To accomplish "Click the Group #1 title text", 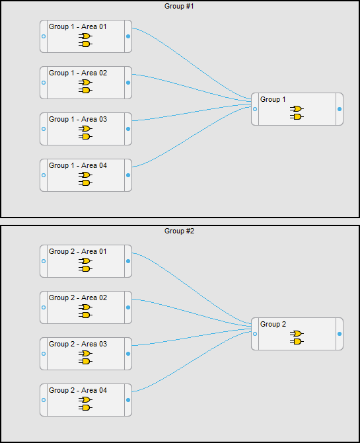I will pyautogui.click(x=179, y=6).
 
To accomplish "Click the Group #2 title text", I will pyautogui.click(x=179, y=231).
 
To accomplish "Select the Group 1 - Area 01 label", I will pyautogui.click(x=78, y=27).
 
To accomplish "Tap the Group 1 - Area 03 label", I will pyautogui.click(x=78, y=120).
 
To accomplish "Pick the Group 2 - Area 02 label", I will pyautogui.click(x=78, y=298).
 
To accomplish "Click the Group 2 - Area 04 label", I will pyautogui.click(x=78, y=391).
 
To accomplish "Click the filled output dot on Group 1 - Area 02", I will pyautogui.click(x=128, y=83).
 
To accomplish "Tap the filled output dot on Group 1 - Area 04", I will pyautogui.click(x=128, y=175).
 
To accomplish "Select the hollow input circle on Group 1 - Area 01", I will pyautogui.click(x=44, y=36).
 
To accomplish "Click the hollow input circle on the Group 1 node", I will pyautogui.click(x=255, y=109).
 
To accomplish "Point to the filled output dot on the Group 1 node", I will pyautogui.click(x=340, y=109).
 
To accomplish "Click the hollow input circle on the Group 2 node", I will pyautogui.click(x=255, y=334).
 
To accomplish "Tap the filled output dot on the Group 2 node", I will pyautogui.click(x=340, y=334).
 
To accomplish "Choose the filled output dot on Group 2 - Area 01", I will pyautogui.click(x=128, y=261).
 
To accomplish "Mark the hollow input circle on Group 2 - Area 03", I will pyautogui.click(x=44, y=354).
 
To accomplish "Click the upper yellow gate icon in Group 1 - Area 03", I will pyautogui.click(x=85, y=128).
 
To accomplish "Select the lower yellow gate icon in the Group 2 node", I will pyautogui.click(x=297, y=341).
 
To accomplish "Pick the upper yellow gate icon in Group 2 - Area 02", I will pyautogui.click(x=85, y=307).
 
